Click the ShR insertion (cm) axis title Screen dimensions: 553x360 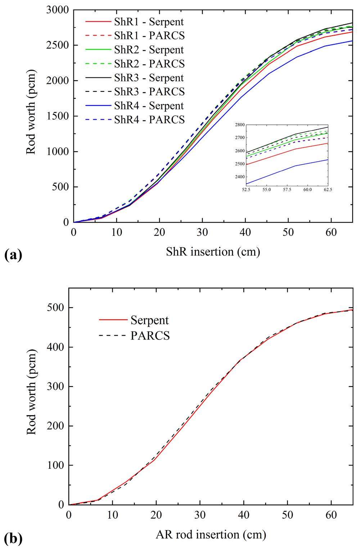(x=213, y=251)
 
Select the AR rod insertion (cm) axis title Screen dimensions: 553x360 (x=211, y=535)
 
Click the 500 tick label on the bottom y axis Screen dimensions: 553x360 (x=56, y=308)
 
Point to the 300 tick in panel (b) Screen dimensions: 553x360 (x=56, y=387)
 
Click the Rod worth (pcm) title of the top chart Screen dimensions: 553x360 (x=31, y=116)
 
